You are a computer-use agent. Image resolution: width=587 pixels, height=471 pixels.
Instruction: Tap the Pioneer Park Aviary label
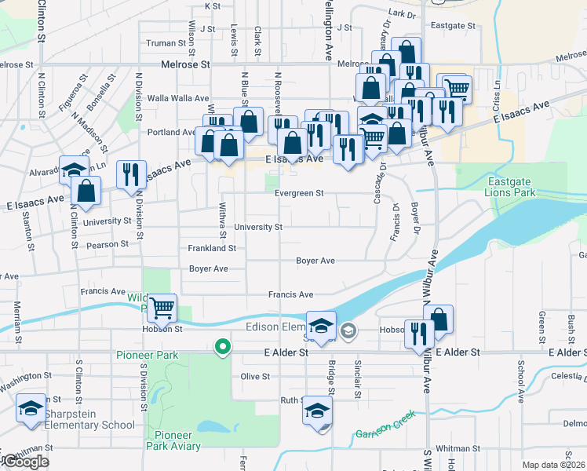point(177,440)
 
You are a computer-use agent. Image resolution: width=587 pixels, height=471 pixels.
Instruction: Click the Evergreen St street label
point(299,193)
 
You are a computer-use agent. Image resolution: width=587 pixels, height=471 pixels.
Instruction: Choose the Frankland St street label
point(212,248)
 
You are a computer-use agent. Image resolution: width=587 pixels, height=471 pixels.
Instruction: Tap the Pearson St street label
point(108,244)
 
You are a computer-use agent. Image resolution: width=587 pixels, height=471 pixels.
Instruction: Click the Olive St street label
point(255,376)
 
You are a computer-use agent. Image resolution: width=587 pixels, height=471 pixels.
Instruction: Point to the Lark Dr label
point(400,14)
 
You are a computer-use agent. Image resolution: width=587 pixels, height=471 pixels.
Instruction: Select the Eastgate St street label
point(454,26)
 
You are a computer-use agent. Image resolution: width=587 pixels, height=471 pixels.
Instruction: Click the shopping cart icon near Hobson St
point(162,308)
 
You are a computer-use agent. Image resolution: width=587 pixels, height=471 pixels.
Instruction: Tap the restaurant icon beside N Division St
point(131,175)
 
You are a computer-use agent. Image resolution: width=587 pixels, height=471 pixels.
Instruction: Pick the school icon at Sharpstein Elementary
point(31,408)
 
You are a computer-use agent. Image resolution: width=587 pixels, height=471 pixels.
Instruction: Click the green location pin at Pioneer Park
point(223,345)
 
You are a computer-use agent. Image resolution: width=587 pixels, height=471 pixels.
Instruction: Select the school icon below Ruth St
point(318,411)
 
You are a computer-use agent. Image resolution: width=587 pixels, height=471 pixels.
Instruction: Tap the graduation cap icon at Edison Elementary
point(321,326)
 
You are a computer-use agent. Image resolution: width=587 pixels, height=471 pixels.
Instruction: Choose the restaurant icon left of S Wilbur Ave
point(419,334)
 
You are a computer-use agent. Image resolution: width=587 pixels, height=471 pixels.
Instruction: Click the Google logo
point(26,462)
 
